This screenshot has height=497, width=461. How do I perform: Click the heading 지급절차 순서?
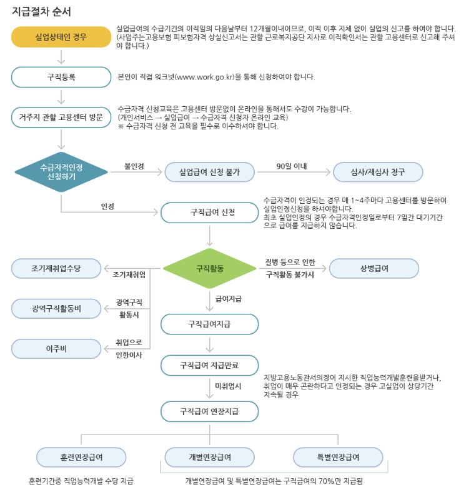click(x=42, y=12)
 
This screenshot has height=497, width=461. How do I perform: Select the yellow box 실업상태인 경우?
click(x=61, y=38)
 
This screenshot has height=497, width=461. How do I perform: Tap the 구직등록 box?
click(x=61, y=77)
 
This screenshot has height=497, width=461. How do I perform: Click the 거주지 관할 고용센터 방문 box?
click(x=61, y=117)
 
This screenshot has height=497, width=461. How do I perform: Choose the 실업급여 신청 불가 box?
click(x=209, y=172)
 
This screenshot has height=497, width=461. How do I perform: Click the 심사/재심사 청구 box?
click(x=378, y=172)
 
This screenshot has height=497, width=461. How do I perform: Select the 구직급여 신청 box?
click(x=209, y=213)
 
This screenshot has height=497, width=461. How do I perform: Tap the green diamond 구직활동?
click(x=210, y=269)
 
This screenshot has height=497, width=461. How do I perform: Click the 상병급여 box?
click(x=374, y=268)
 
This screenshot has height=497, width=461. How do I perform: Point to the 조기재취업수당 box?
click(x=56, y=268)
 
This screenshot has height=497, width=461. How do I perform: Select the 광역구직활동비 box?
click(x=56, y=308)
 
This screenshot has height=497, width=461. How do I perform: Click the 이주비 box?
click(x=56, y=348)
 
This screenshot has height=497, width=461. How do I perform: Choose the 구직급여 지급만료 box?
click(x=209, y=364)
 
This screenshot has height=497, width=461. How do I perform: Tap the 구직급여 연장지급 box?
click(x=209, y=411)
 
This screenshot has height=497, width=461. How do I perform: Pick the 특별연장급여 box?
click(x=338, y=457)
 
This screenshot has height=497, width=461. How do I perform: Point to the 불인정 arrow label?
click(x=134, y=166)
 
